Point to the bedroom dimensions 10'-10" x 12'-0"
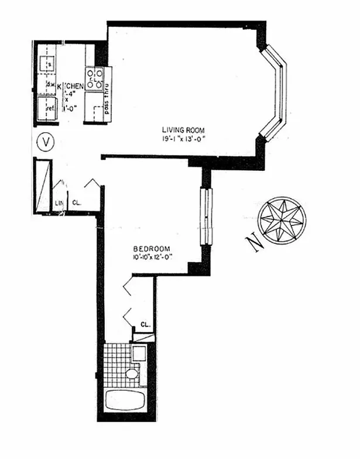[x=153, y=256]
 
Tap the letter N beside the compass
[x=254, y=242]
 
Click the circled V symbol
[x=44, y=142]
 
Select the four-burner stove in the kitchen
[x=95, y=78]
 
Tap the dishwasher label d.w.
[x=50, y=87]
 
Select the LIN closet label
[x=59, y=204]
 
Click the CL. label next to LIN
[x=76, y=204]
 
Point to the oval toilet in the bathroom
[x=132, y=374]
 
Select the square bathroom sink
[x=138, y=353]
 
